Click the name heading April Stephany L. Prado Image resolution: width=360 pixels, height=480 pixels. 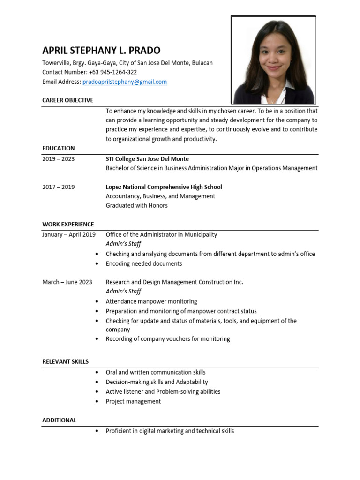(x=101, y=51)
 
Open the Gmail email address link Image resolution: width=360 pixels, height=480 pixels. (x=125, y=82)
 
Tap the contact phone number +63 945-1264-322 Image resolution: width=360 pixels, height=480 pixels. (x=112, y=72)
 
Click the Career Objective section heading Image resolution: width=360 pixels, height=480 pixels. (x=67, y=100)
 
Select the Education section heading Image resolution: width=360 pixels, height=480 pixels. (x=58, y=148)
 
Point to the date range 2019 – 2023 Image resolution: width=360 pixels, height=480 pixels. (x=58, y=159)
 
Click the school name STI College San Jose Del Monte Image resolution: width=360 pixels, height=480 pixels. (x=147, y=159)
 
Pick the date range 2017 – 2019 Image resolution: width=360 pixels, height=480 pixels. (x=58, y=187)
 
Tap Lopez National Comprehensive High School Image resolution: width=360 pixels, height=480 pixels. (x=164, y=187)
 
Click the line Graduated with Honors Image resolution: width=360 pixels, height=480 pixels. (x=136, y=205)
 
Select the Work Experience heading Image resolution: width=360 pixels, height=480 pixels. (x=68, y=224)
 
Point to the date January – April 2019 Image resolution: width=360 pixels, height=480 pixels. (x=69, y=234)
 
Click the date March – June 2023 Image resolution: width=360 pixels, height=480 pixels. (x=67, y=282)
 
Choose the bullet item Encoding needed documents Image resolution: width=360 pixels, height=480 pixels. (x=143, y=263)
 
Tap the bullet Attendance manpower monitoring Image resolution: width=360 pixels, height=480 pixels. (x=151, y=301)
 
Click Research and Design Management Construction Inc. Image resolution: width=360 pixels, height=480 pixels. (x=174, y=282)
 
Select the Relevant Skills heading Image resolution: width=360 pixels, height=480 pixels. (x=65, y=361)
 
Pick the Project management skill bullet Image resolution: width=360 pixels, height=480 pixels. (x=133, y=401)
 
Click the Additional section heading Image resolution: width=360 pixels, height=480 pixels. (x=59, y=420)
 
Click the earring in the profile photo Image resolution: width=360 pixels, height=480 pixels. (x=291, y=61)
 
